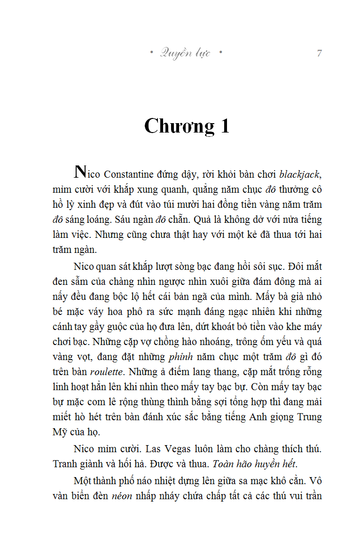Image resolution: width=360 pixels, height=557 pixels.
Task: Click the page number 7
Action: pos(319,53)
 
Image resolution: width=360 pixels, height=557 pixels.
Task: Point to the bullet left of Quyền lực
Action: pos(151,53)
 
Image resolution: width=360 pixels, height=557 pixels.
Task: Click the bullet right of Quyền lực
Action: pos(220,53)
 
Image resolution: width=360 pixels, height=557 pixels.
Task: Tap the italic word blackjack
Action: pos(299,175)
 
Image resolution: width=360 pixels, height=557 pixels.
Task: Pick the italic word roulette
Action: pos(107,371)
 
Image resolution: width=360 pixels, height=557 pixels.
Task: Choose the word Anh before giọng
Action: pos(252,417)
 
